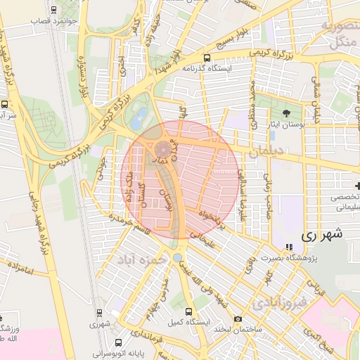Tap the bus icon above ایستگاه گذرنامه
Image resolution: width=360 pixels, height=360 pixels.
tap(207, 58)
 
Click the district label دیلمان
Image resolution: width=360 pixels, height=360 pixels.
tap(265, 152)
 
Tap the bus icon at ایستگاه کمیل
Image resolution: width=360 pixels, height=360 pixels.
tap(188, 311)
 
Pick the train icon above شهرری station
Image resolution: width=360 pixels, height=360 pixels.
tap(99, 312)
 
